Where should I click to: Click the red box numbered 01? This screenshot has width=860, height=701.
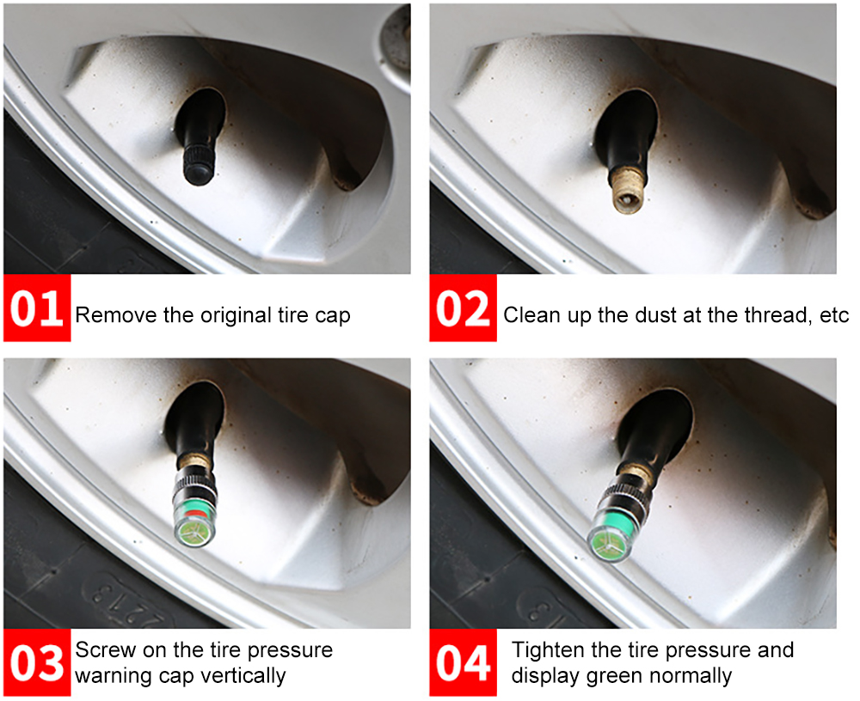[37, 308]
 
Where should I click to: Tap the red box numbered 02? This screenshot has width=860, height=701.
[463, 308]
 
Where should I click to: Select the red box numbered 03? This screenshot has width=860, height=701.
[37, 662]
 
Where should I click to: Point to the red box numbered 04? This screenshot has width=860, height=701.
[463, 662]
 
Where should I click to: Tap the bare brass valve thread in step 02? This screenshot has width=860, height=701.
[628, 189]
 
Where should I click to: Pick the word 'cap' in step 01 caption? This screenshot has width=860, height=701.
[332, 317]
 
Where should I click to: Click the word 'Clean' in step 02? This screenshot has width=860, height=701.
[530, 315]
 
